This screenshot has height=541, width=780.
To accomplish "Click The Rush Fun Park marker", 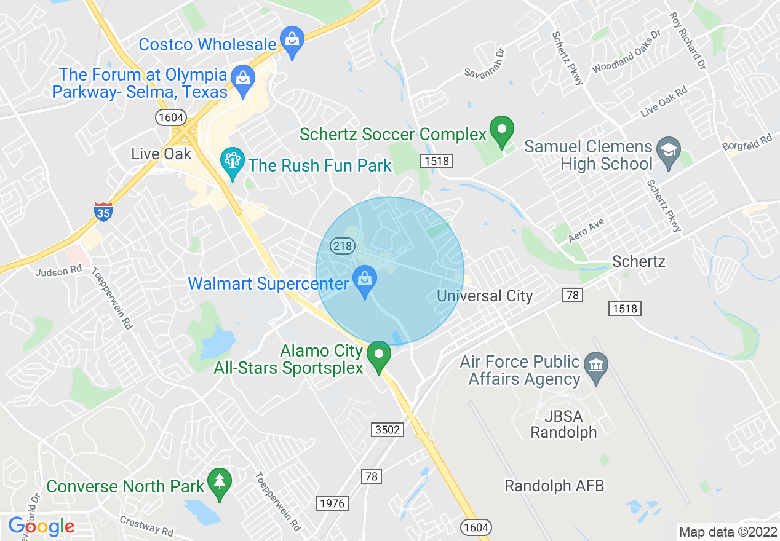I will tap(233, 162).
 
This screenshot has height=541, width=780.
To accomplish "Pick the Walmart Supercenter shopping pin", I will tap(365, 280).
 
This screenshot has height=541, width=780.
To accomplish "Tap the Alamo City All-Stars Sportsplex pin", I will tap(379, 355).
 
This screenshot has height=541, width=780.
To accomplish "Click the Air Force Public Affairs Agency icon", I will tap(595, 366).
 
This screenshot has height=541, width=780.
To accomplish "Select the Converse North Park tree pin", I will tap(219, 483).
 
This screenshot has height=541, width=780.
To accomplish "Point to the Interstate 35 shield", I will tap(103, 211).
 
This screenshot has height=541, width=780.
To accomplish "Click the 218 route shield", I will tap(342, 246).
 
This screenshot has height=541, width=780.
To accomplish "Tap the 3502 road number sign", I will tap(388, 429).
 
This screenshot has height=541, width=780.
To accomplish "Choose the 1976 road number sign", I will tap(333, 503).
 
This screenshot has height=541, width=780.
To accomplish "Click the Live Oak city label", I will tap(162, 153).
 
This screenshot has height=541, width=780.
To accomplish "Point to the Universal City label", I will tap(485, 296).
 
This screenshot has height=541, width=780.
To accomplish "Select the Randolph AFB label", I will tap(554, 486).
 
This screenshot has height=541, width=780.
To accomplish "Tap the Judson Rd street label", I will tap(58, 270).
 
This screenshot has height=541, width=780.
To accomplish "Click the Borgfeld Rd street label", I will tap(747, 145).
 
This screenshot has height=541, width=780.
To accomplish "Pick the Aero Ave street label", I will tap(586, 231).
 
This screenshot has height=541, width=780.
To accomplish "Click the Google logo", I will tap(41, 526).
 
